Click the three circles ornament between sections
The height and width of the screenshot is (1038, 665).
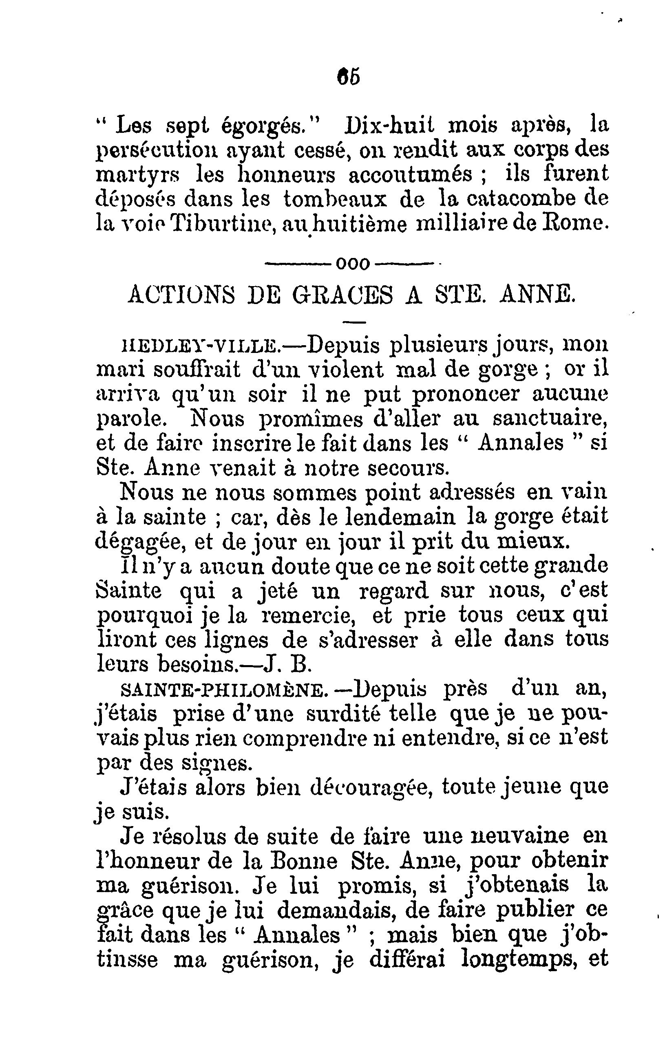tap(353, 264)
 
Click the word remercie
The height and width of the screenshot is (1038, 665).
tap(308, 615)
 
